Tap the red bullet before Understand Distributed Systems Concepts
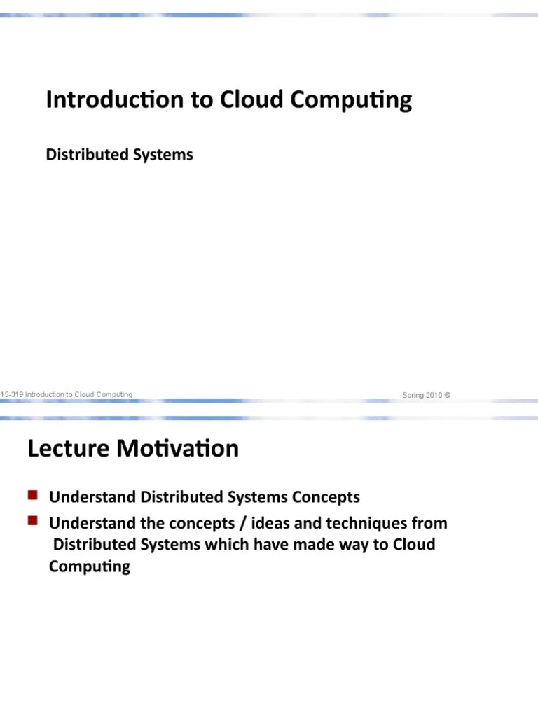pos(32,496)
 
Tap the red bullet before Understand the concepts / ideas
pos(32,521)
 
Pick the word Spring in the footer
pos(413,395)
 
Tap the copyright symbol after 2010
pos(448,395)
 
